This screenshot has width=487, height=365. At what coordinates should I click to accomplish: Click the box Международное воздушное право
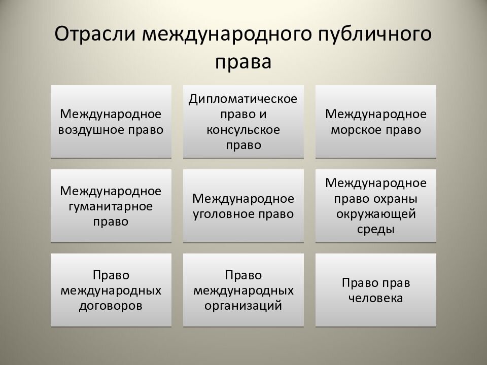point(111,121)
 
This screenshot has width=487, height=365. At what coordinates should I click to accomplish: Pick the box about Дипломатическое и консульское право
point(243,121)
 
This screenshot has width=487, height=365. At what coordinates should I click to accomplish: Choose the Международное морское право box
point(375,121)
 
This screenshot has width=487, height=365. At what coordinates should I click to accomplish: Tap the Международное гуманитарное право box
point(111,206)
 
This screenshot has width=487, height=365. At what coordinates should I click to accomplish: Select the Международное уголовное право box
point(243,206)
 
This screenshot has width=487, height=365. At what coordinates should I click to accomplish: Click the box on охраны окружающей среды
point(375,206)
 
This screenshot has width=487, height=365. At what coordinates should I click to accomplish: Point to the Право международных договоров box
point(111,290)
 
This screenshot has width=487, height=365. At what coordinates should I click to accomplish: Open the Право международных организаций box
point(243,290)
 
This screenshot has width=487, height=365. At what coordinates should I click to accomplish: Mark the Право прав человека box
point(375,290)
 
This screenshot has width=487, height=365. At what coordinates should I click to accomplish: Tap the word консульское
point(243,129)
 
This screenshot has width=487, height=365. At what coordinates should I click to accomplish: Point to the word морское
point(355,129)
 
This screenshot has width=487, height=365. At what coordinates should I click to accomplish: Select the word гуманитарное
point(111,206)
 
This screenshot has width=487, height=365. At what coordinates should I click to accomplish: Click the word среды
point(375,229)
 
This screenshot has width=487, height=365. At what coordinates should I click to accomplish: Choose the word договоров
point(111,306)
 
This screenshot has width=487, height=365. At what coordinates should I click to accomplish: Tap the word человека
point(375,298)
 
